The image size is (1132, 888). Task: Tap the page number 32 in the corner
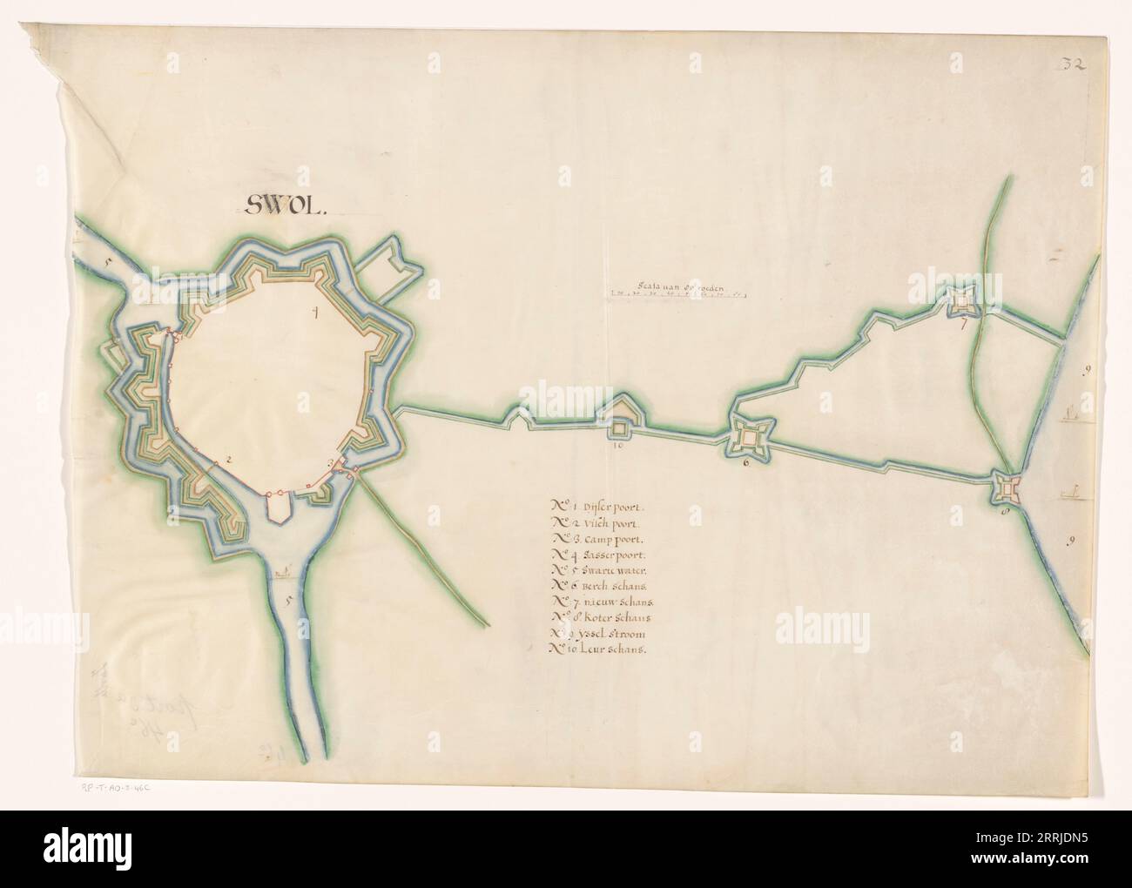point(1071,64)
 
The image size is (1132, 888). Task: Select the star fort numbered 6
point(748,434)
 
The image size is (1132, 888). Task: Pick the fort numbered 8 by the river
point(1007,491)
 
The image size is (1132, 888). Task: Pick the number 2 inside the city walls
point(228,459)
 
